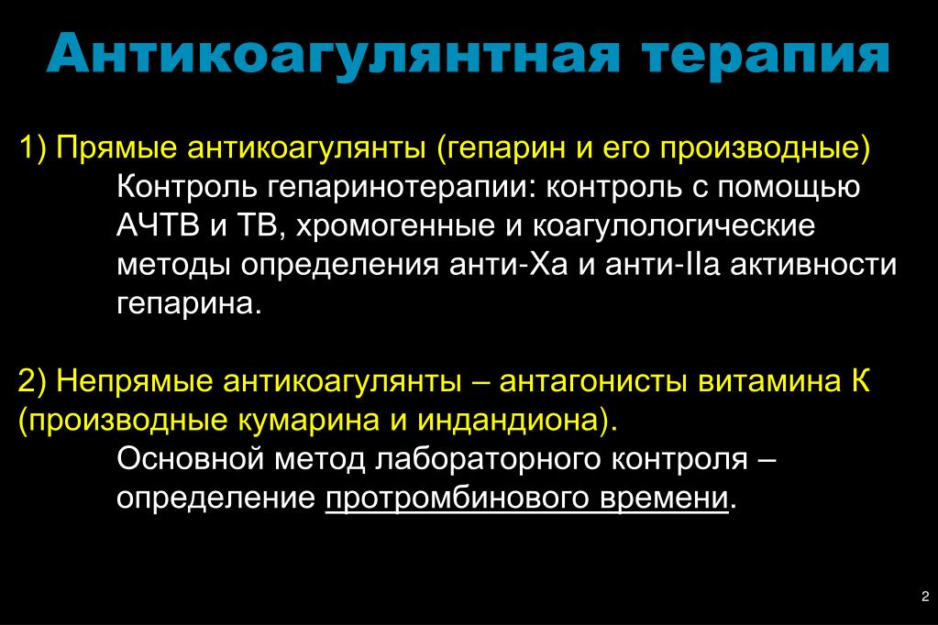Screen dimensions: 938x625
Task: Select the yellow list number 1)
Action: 32,148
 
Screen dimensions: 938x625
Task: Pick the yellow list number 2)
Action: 32,381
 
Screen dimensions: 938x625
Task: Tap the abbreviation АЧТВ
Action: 158,225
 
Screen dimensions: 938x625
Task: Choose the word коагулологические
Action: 674,226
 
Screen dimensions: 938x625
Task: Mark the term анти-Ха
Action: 509,265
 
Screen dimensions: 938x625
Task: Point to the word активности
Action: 813,265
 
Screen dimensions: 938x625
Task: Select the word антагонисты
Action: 593,381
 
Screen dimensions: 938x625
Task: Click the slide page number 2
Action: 925,597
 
